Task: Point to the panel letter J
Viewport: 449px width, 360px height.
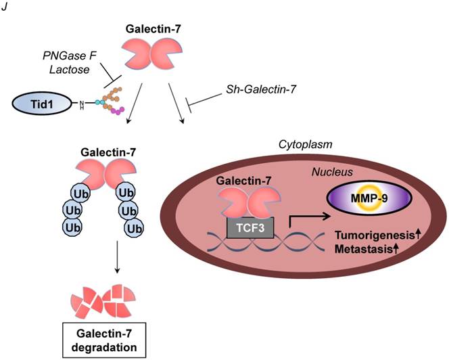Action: tap(5, 6)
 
